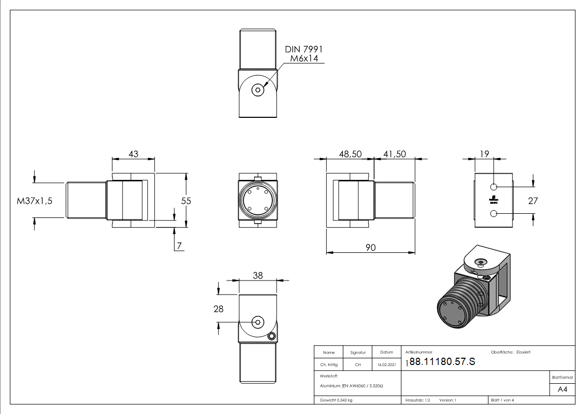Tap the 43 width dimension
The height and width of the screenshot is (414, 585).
(x=133, y=154)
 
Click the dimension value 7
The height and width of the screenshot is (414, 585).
(x=179, y=246)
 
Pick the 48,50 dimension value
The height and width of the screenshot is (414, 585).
(x=350, y=154)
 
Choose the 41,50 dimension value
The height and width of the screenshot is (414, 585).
(x=394, y=154)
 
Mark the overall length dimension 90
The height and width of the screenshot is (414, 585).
(x=370, y=247)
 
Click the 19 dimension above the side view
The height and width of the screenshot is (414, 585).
(x=484, y=154)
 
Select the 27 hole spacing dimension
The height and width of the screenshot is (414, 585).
(x=532, y=200)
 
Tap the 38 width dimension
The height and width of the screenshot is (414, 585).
(x=258, y=276)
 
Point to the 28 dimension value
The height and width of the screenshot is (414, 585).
(x=218, y=309)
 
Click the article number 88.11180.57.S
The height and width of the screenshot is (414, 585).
(x=442, y=362)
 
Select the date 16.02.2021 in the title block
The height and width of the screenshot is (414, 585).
(x=386, y=364)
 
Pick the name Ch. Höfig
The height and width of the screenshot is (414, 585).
(x=328, y=364)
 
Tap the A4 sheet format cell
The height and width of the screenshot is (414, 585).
(x=562, y=389)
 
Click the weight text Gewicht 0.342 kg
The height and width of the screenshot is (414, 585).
(x=336, y=400)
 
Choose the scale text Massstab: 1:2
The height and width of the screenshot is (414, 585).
(x=417, y=400)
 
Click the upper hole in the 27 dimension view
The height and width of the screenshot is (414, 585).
(x=494, y=187)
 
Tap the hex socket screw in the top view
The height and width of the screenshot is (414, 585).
(x=258, y=90)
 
